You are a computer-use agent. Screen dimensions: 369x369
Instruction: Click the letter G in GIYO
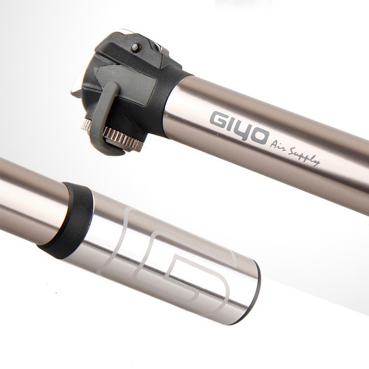point(218,119)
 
